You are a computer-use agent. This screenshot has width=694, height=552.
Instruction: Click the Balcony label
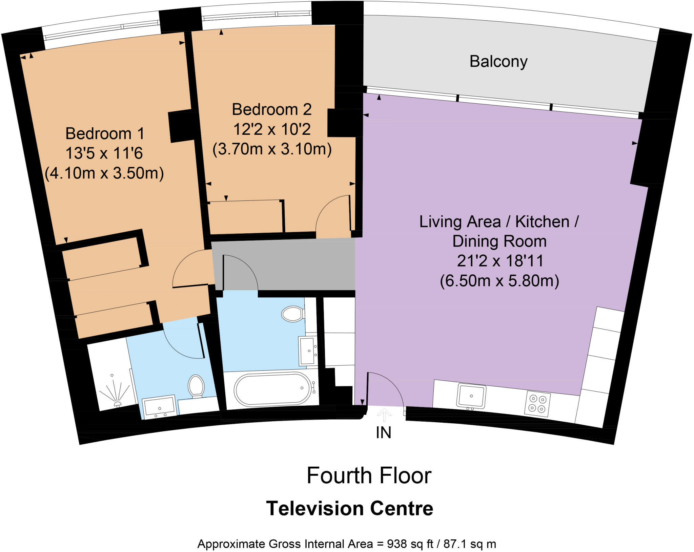coord(498,62)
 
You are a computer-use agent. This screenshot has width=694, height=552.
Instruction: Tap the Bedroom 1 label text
coord(105,133)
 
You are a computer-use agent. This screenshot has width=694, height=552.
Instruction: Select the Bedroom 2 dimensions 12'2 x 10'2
coord(272,129)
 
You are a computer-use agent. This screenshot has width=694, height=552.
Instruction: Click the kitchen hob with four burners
coord(537,404)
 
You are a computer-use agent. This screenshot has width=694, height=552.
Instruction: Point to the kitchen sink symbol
coord(471,396)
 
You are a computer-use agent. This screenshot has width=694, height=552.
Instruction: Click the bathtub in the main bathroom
coord(272,389)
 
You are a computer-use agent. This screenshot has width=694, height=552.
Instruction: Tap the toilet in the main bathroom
coord(292,314)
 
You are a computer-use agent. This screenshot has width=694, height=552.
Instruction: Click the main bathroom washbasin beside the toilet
coord(308,351)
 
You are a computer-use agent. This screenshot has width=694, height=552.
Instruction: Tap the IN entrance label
coord(383,433)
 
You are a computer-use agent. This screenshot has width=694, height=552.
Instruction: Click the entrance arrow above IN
coord(384,415)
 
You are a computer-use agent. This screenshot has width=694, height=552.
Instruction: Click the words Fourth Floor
coord(369,475)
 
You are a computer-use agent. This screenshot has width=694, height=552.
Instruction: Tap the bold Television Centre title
coord(349,508)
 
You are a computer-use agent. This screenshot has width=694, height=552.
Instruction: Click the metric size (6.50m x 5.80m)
coord(499,281)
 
